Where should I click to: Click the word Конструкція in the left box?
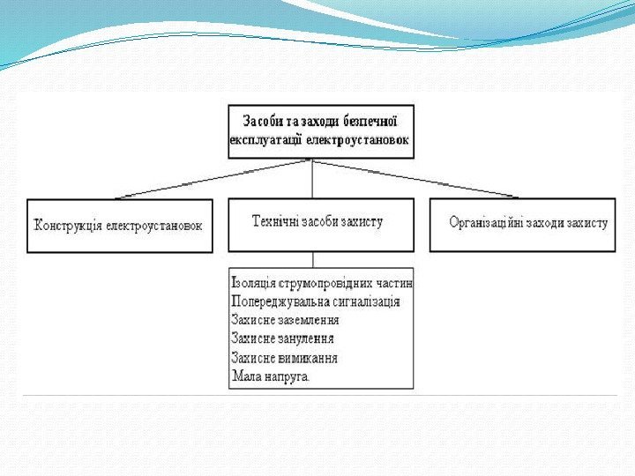68,226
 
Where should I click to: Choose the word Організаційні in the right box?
489,223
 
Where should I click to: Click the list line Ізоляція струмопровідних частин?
322,284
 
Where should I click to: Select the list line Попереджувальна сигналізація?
315,302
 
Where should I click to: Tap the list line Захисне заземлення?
285,321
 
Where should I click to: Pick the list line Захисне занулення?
282,339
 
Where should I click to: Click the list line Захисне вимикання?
284,358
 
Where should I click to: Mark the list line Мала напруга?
271,376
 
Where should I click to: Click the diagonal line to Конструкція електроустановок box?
212,180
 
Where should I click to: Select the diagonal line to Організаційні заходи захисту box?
415,180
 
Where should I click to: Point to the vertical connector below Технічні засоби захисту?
313,259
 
